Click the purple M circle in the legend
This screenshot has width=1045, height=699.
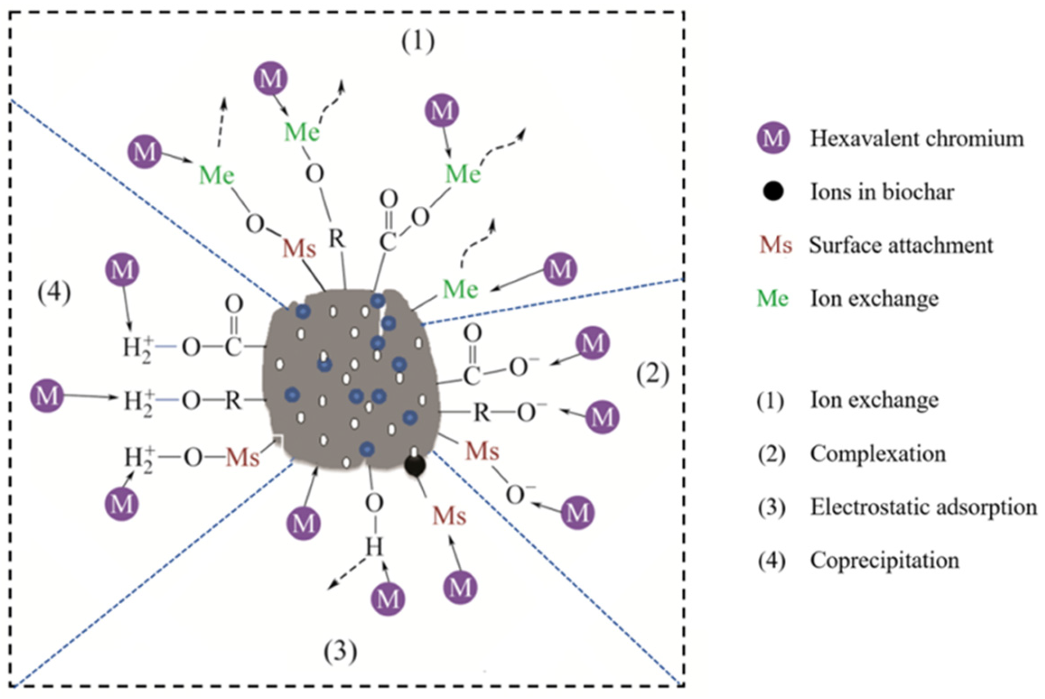click(x=773, y=139)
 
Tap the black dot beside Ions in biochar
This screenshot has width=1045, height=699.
click(x=773, y=192)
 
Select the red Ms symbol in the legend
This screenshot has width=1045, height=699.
click(x=775, y=245)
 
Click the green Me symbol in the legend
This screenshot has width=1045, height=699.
click(x=773, y=299)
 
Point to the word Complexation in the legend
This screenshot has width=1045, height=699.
click(x=877, y=454)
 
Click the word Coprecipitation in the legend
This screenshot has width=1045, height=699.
click(x=884, y=560)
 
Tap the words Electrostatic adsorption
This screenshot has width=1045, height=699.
click(x=923, y=507)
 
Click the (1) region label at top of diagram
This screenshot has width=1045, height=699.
click(x=418, y=43)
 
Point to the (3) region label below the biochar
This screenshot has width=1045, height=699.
click(x=340, y=652)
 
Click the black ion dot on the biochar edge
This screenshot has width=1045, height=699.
click(x=415, y=466)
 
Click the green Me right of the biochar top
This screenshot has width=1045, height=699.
click(x=460, y=289)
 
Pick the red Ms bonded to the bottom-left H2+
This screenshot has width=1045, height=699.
click(x=243, y=458)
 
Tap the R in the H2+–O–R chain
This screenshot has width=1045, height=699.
click(x=233, y=400)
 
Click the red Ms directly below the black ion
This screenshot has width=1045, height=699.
click(x=449, y=516)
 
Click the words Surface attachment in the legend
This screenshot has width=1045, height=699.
click(x=901, y=245)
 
